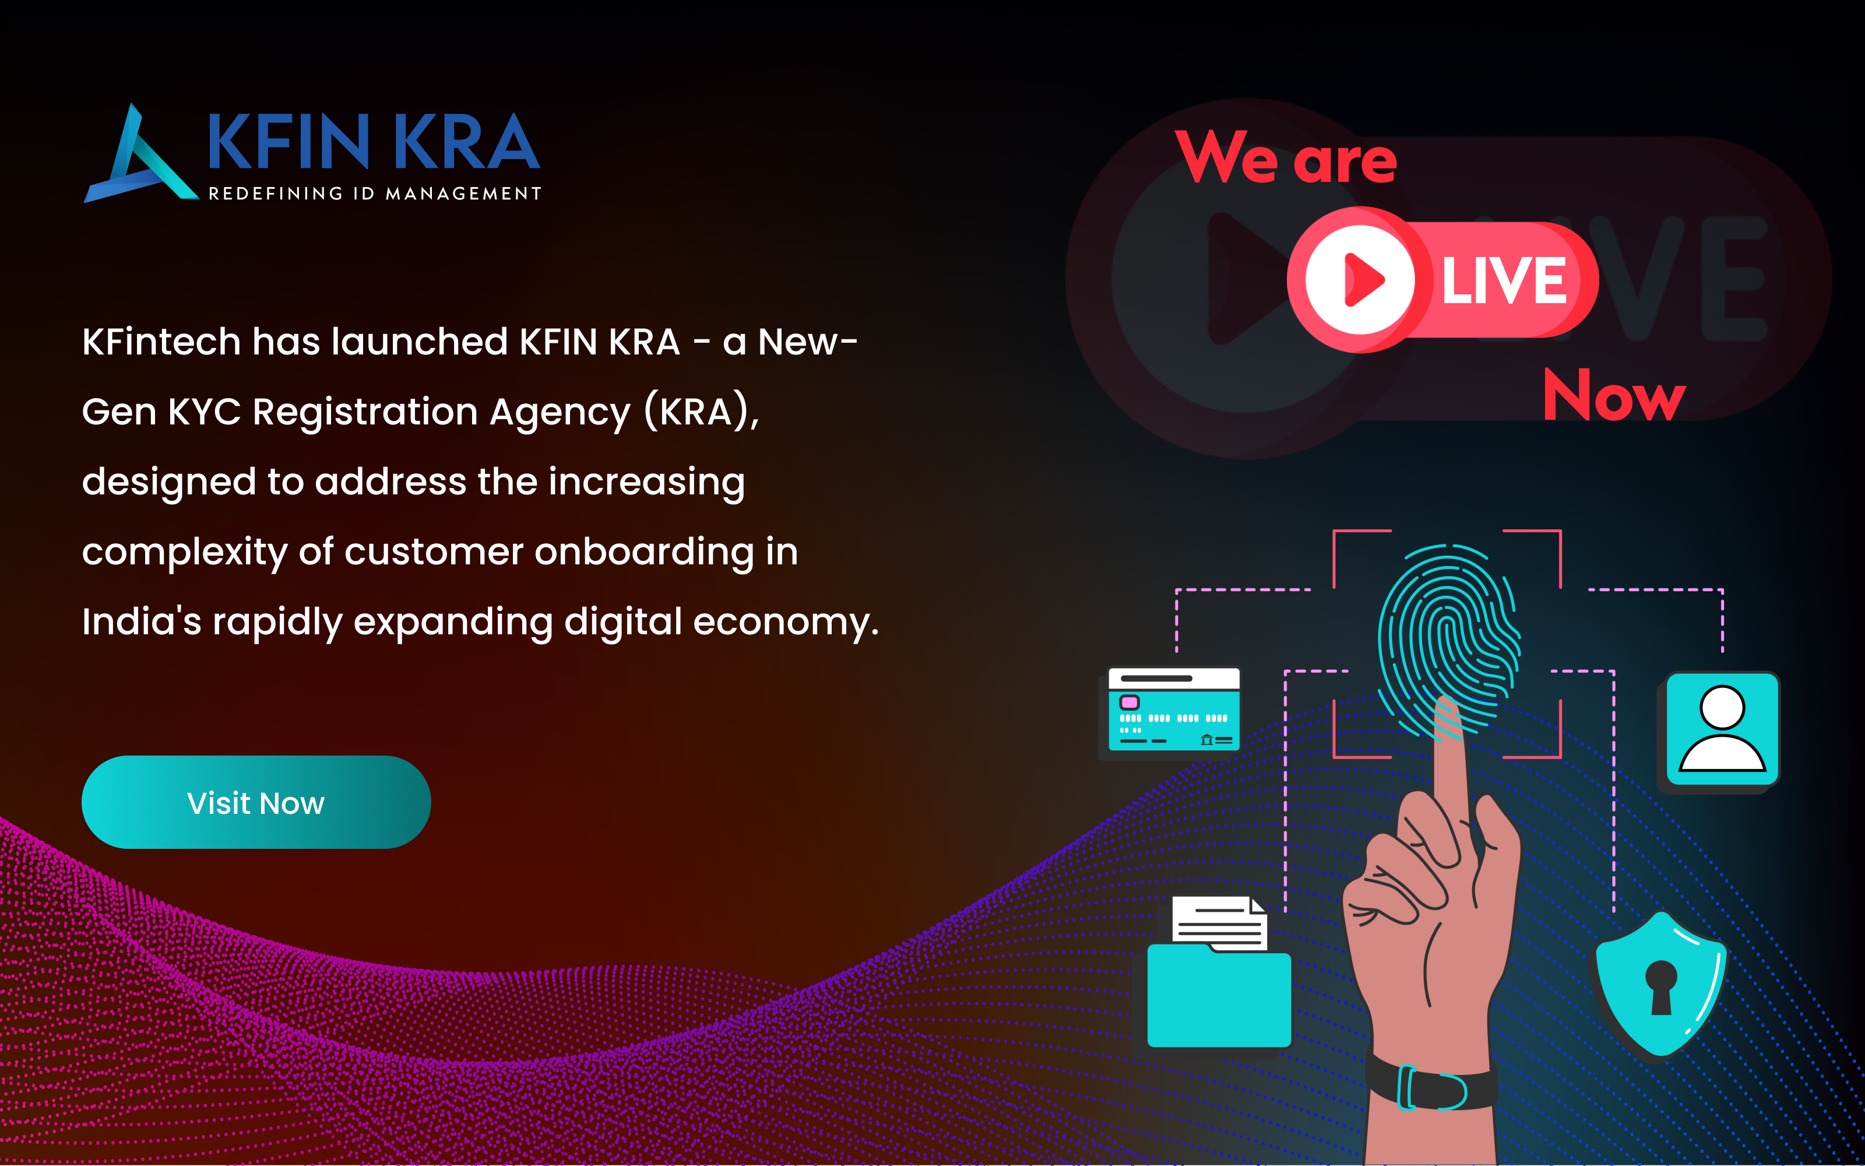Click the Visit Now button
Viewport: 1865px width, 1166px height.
click(x=256, y=802)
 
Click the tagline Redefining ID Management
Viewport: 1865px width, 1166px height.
click(x=375, y=194)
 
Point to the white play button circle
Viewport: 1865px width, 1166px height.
click(x=1360, y=279)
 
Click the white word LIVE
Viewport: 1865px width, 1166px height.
click(x=1504, y=280)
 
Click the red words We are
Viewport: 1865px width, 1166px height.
click(x=1286, y=157)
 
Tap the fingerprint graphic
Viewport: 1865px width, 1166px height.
click(x=1449, y=640)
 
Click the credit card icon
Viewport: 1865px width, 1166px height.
click(x=1174, y=710)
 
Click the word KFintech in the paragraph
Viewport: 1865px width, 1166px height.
click(x=161, y=342)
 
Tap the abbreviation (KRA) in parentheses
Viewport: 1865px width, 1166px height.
click(x=701, y=411)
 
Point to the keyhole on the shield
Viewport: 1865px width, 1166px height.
click(x=1661, y=987)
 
